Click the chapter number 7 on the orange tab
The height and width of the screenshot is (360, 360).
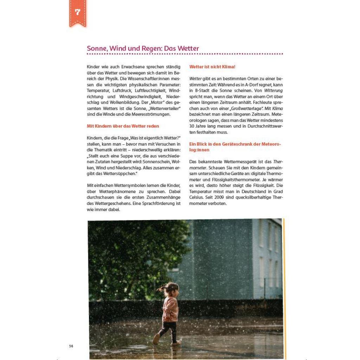coord(78,12)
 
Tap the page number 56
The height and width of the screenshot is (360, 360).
coord(71,346)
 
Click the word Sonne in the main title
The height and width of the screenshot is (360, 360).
coord(96,49)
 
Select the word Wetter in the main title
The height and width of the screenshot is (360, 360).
coord(188,49)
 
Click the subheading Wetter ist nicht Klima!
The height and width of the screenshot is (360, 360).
coord(212,66)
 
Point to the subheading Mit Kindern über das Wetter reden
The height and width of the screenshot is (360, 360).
coord(123,126)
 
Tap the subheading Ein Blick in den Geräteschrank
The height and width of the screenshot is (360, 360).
coord(235,144)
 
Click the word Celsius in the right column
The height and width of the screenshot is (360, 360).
coord(197,198)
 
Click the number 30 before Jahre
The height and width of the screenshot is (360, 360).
coord(192,126)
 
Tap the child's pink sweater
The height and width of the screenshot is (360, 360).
coord(171,308)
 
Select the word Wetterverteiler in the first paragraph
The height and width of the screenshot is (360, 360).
coord(164,108)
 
